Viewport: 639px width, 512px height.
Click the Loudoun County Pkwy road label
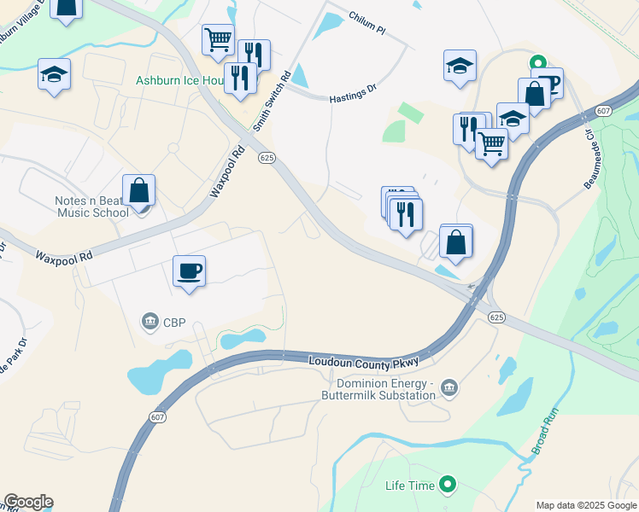[x=364, y=363]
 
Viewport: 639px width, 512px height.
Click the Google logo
[x=28, y=502]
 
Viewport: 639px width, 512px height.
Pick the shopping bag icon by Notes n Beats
[x=138, y=191]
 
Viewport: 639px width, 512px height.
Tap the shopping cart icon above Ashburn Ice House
[x=218, y=39]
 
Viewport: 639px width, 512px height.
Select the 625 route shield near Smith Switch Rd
[x=267, y=158]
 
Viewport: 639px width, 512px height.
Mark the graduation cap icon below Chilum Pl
[x=460, y=66]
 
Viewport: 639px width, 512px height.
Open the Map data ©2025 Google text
[x=586, y=505]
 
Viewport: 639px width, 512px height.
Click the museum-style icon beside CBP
[x=150, y=322]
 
